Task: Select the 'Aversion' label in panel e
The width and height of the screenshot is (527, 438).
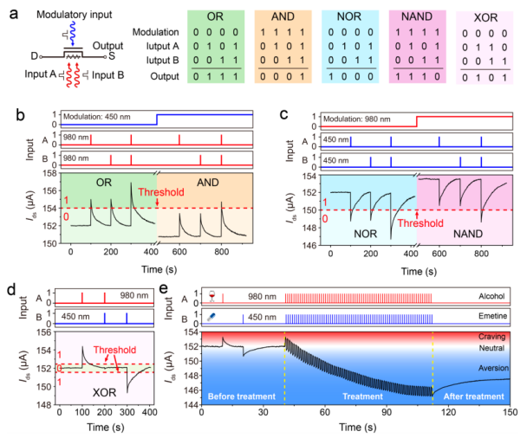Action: click(x=491, y=368)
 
